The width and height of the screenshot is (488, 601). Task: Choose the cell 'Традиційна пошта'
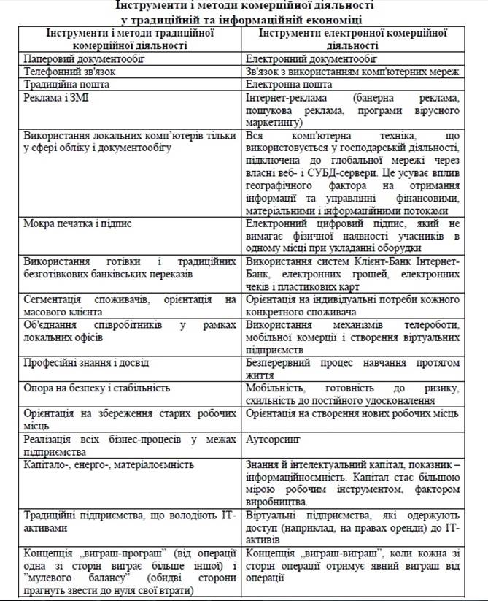(x=65, y=85)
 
